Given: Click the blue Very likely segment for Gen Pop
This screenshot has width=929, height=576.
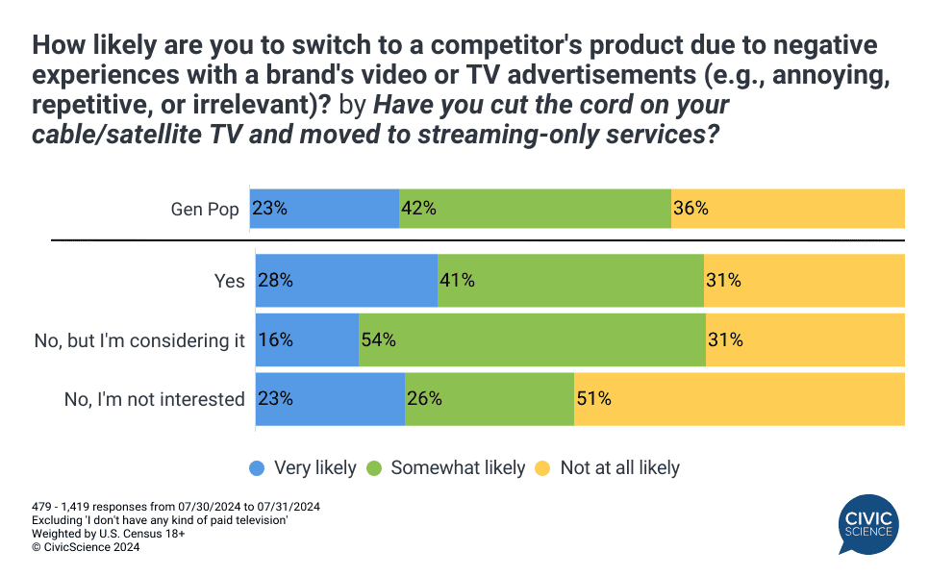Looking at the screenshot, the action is tap(324, 209).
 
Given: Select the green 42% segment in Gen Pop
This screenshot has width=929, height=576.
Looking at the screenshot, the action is tap(535, 209).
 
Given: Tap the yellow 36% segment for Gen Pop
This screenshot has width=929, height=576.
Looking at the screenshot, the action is tap(788, 209).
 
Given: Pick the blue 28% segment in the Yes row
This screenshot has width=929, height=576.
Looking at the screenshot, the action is tap(346, 280).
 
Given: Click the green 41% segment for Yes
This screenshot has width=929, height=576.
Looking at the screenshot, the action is tap(570, 280).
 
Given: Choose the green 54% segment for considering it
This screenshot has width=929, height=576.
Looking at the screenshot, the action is tap(532, 340).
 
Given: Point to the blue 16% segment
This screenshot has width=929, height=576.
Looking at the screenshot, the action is tap(307, 340).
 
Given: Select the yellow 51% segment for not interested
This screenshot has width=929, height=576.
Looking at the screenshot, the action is tap(740, 399).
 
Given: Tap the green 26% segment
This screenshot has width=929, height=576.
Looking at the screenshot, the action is tap(490, 399).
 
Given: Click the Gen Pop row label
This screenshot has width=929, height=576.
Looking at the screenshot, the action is tap(205, 210).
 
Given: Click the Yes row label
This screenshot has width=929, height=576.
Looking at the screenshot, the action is tap(229, 281).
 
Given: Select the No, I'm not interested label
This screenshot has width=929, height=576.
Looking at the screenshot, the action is tap(155, 399).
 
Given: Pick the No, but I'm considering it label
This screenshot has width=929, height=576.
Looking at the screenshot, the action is tap(139, 340).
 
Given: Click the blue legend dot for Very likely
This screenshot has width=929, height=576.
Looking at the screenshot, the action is tap(257, 468).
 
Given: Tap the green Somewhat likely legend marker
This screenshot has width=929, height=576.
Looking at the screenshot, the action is tap(374, 468).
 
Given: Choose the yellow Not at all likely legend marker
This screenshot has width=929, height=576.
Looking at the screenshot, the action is tap(542, 468).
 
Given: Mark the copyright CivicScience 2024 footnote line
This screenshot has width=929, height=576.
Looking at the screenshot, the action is tap(86, 547).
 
